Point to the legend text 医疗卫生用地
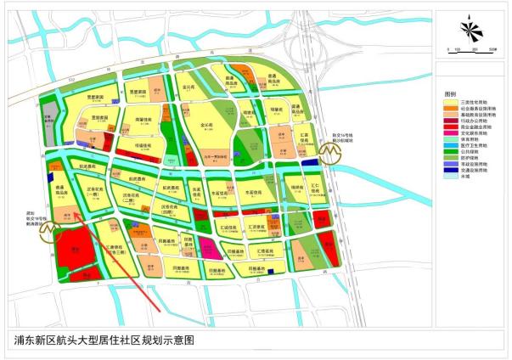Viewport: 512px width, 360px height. tap(471, 148)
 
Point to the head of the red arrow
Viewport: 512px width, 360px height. tap(75, 215)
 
